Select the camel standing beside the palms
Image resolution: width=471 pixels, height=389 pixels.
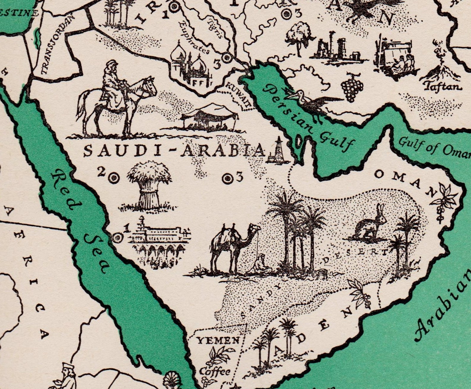click(234, 246)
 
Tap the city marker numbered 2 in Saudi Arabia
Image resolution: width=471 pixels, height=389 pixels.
click(113, 178)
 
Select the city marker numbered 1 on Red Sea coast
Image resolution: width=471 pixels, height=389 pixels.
click(118, 238)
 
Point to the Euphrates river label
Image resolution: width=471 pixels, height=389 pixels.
click(194, 39)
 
